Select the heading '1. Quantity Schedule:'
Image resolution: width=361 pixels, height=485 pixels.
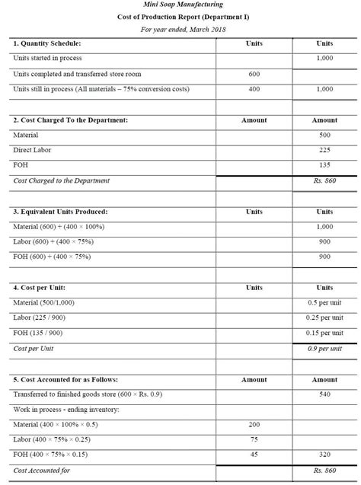pos(47,43)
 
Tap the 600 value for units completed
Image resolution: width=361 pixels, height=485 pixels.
pos(254,74)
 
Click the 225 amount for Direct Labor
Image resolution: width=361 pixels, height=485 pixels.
pos(324,150)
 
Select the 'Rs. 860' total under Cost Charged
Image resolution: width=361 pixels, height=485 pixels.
pos(324,180)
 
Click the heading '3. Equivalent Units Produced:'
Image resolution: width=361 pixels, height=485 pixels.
pos(61,211)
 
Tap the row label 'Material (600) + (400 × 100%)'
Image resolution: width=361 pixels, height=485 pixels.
pos(59,227)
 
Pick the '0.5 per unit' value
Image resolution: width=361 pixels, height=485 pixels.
pos(324,303)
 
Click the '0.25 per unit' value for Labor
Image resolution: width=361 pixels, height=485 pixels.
pos(324,318)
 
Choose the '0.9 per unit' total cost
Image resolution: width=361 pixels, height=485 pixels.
pos(324,348)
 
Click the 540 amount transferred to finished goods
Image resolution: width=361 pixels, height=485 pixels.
pos(324,394)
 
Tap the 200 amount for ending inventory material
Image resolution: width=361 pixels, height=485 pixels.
pos(254,424)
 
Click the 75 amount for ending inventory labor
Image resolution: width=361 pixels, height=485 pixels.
pos(254,439)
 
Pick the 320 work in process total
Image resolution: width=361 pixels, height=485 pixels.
pos(324,455)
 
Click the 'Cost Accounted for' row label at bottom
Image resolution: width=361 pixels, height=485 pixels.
pos(42,471)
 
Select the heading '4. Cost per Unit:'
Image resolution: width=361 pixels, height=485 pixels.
pos(40,288)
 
